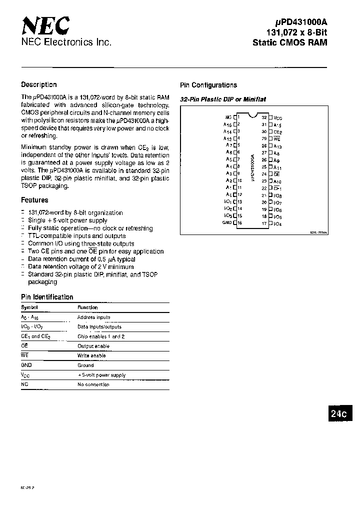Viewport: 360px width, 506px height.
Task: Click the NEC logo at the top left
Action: pos(45,24)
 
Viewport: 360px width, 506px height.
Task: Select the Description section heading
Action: pos(39,84)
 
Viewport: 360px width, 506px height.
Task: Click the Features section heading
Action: pos(34,200)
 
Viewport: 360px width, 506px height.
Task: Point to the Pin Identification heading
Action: pos(47,297)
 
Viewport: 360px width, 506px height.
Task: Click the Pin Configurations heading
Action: pos(208,85)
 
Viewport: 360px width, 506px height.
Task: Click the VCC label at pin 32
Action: pos(278,117)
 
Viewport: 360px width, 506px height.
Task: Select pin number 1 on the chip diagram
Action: pos(239,117)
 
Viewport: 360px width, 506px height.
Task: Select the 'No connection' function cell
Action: pos(93,384)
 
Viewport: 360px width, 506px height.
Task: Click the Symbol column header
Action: pos(29,307)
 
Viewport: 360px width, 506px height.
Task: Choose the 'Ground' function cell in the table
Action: pos(85,365)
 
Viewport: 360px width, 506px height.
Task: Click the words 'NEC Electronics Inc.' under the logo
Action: pos(65,43)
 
